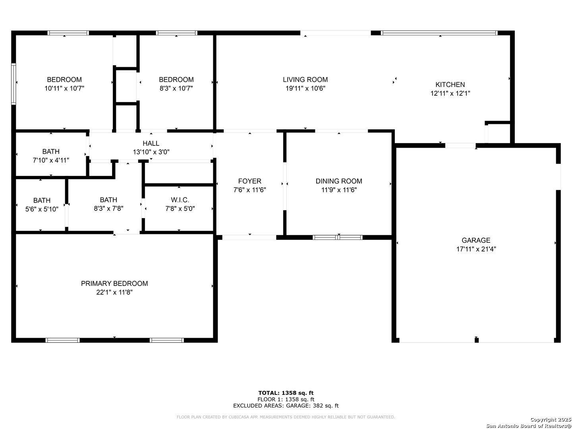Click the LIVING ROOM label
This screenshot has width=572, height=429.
pos(305,79)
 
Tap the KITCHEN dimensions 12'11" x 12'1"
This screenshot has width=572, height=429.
pos(450,93)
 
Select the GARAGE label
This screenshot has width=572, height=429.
pos(476,240)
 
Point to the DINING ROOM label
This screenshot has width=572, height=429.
pos(338,181)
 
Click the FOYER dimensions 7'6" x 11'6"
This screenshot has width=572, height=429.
pos(249,190)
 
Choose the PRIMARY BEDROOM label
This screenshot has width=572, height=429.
pos(114,283)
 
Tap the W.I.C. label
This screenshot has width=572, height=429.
pos(180,200)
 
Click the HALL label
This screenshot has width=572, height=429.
pos(151,143)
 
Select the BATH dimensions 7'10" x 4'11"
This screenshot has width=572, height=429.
pos(51,160)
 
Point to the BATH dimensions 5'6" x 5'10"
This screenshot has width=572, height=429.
pos(42,209)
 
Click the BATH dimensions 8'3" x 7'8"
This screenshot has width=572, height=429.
pos(108,209)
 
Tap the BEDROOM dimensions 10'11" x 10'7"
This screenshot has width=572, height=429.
pos(64,88)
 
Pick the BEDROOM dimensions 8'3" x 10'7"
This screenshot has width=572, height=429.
pos(176,88)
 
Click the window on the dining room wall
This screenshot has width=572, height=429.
pos(337,237)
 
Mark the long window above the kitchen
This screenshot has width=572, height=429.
pos(439,33)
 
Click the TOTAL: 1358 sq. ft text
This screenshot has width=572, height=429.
pos(286,393)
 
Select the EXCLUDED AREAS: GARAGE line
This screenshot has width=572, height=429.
pos(286,406)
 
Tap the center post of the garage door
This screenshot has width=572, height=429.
pos(476,340)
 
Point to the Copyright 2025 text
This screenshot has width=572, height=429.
pos(551,419)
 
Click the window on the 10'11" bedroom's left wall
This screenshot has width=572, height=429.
pos(14,84)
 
